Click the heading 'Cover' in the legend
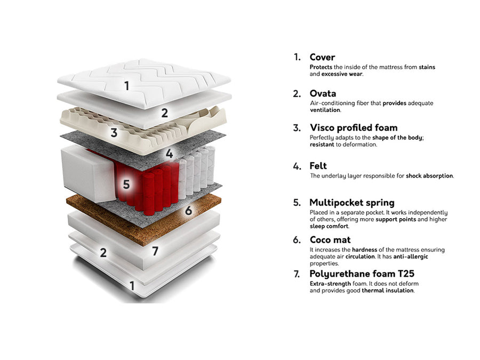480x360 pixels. click(x=322, y=57)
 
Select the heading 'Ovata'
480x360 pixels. click(x=323, y=93)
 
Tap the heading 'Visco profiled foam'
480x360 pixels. click(x=354, y=127)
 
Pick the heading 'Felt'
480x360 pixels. click(x=318, y=166)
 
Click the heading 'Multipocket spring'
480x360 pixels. click(x=352, y=203)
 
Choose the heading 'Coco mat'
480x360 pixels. click(x=330, y=239)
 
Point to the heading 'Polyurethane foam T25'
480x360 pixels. click(x=362, y=274)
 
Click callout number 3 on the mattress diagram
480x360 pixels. click(x=114, y=133)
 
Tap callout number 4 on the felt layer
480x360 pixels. click(x=169, y=154)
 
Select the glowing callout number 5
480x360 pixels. click(x=126, y=185)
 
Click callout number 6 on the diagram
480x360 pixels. click(x=189, y=211)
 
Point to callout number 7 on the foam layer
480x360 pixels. click(x=156, y=251)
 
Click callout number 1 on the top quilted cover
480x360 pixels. click(x=127, y=86)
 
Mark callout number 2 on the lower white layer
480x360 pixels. click(x=103, y=253)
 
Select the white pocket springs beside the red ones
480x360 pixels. click(x=196, y=170)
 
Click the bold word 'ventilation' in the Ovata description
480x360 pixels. click(x=325, y=110)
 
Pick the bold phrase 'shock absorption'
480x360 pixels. click(x=429, y=175)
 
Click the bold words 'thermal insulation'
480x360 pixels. click(x=388, y=291)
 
